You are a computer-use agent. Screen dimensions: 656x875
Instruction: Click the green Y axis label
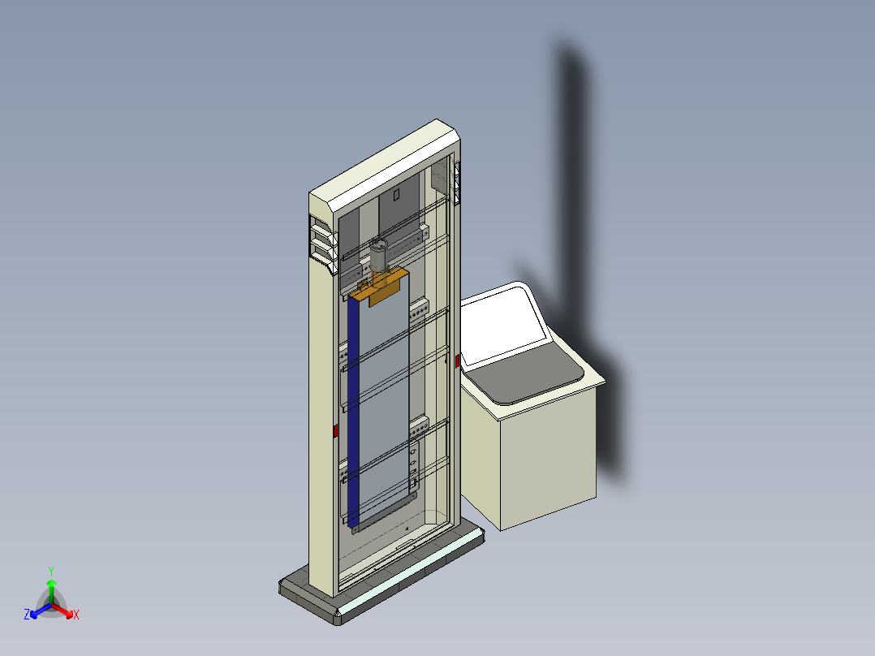click(x=50, y=571)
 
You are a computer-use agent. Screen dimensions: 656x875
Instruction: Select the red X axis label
click(x=76, y=615)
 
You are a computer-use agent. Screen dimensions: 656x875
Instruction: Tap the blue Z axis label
click(x=27, y=615)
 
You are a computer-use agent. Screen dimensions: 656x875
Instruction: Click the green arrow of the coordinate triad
click(x=51, y=589)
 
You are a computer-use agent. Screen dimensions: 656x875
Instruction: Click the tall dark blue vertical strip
click(x=353, y=414)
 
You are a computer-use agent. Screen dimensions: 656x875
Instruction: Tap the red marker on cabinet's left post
click(x=335, y=431)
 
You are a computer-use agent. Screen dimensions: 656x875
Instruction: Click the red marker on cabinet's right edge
click(x=459, y=360)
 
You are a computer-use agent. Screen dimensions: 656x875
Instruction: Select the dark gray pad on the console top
click(x=528, y=378)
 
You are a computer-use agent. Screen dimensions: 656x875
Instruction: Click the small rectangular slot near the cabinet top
click(x=397, y=195)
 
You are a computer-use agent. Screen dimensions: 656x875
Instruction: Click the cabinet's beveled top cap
click(x=381, y=162)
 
